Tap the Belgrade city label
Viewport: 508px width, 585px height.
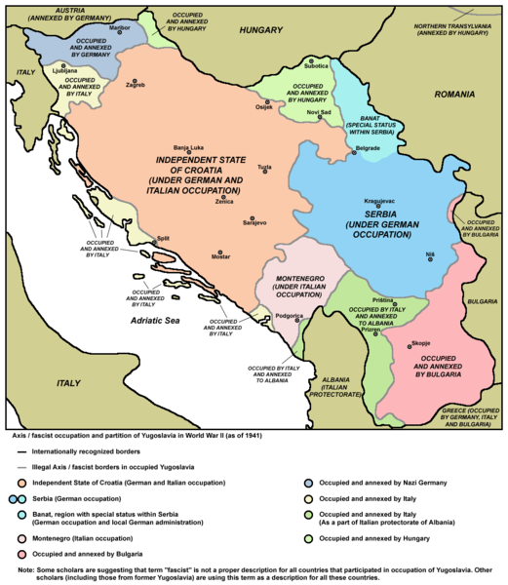pos(367,147)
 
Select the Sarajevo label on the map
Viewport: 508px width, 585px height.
pos(254,223)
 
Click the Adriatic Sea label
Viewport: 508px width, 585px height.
pos(160,320)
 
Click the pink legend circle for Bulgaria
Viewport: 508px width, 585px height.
pos(14,554)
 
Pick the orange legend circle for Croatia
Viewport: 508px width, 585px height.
pos(14,482)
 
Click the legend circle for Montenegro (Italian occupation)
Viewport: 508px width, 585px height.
pos(14,537)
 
